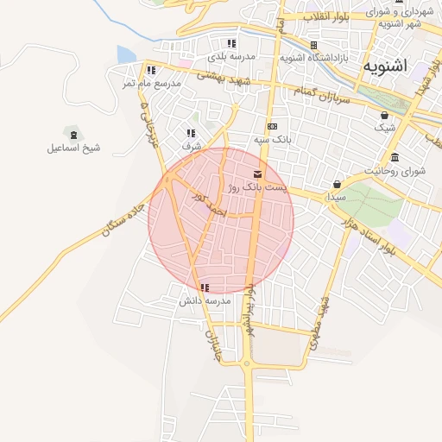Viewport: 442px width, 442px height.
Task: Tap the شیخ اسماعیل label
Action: click(x=73, y=148)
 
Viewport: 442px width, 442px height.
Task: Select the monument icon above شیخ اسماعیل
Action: click(x=73, y=134)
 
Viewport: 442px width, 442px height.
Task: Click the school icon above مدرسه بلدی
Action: click(x=230, y=43)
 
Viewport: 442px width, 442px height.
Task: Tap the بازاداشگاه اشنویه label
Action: click(x=314, y=58)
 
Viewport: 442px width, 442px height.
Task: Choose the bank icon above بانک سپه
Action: click(x=272, y=126)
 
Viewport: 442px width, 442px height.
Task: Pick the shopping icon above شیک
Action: click(x=384, y=115)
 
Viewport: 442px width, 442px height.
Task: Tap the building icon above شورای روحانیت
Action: click(x=395, y=157)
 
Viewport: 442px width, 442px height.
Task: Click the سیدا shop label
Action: click(x=336, y=197)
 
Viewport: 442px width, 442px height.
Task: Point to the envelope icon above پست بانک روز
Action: click(x=258, y=174)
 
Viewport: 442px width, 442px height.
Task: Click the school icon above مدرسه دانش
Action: click(x=204, y=287)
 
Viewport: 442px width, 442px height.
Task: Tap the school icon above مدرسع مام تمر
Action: click(x=151, y=70)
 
